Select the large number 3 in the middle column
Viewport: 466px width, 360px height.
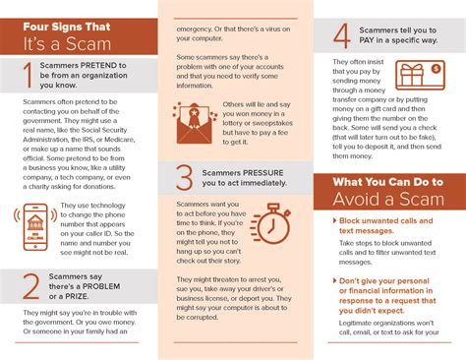click(x=184, y=177)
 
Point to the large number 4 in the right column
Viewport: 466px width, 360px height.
click(x=341, y=35)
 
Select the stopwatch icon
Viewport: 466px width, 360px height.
click(x=272, y=224)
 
